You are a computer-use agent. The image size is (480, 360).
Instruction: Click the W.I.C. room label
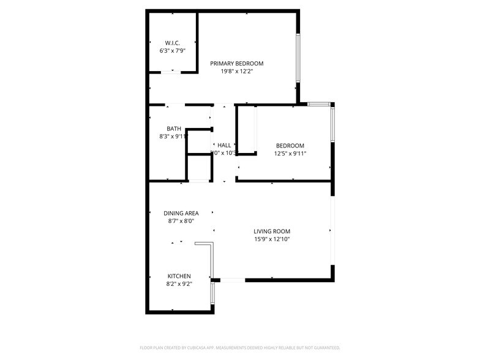coord(171,43)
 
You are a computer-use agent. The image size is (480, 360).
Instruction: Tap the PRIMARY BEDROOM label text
coord(237,64)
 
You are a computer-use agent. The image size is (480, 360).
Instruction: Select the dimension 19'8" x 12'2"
coord(237,72)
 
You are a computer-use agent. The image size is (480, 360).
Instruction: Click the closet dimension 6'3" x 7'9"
coord(171,51)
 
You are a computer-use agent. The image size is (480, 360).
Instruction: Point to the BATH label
coord(174,129)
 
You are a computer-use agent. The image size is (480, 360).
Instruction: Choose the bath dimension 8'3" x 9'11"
coord(173,137)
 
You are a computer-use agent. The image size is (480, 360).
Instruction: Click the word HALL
coord(224,145)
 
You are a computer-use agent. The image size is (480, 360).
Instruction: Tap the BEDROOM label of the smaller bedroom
coord(290,146)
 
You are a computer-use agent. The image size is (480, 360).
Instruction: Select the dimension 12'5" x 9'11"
coord(290,153)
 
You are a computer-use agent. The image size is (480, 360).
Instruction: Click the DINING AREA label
coord(181,214)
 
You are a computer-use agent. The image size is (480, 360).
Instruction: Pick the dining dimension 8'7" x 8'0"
coord(181,222)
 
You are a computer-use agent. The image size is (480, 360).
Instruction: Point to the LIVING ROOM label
coord(272,231)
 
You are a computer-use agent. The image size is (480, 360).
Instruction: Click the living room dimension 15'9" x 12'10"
coord(272,239)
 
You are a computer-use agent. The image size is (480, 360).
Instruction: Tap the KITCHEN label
coord(179,276)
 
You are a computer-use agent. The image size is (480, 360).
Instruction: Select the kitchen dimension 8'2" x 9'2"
coord(179,284)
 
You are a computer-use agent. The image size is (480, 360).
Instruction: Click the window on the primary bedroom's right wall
coord(298,58)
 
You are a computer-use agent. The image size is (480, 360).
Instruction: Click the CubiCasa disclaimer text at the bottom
coord(239,347)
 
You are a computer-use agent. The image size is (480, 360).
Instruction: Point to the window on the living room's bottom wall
coord(232,280)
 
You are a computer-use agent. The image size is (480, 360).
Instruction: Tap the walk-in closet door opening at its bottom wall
coord(171,72)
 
